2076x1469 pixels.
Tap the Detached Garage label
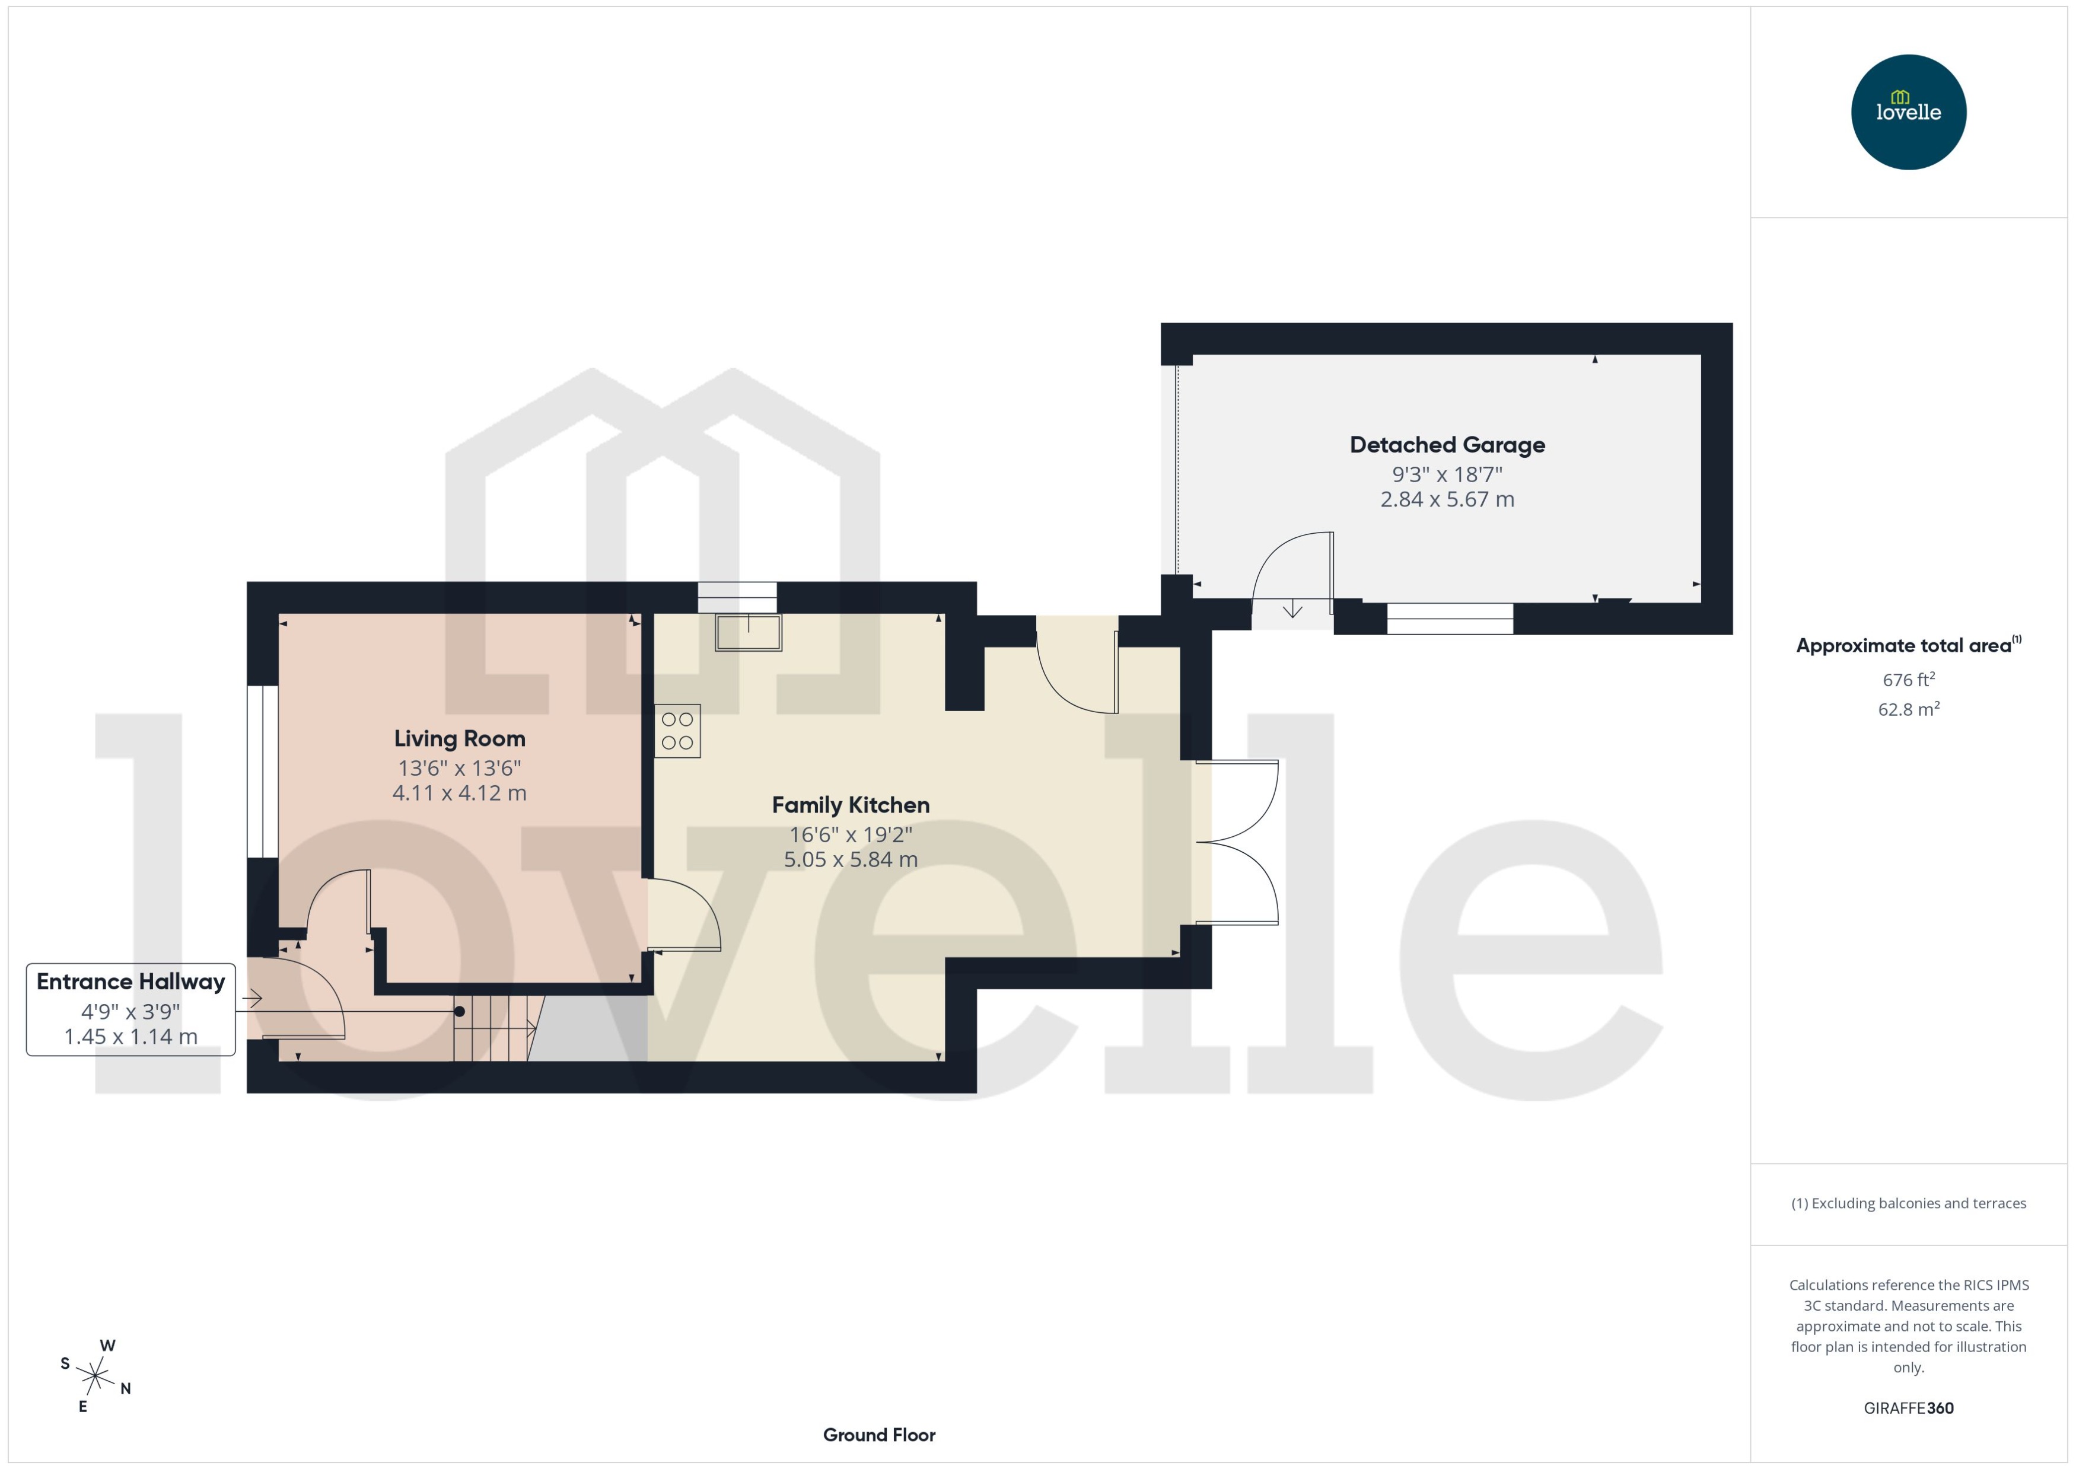coord(1447,445)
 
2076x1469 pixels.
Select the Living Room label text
coord(460,739)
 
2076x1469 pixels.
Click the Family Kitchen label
coord(851,805)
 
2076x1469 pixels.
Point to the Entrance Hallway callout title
coord(131,982)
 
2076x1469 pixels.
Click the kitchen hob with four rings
coord(677,731)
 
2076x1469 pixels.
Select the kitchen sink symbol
coord(748,632)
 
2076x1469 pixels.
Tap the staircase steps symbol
coord(492,1028)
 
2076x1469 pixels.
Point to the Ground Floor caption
coord(878,1435)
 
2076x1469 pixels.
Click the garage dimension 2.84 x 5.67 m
coord(1447,499)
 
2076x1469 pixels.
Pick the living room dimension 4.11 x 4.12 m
coord(460,794)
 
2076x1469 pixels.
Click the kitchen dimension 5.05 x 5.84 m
coord(851,859)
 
